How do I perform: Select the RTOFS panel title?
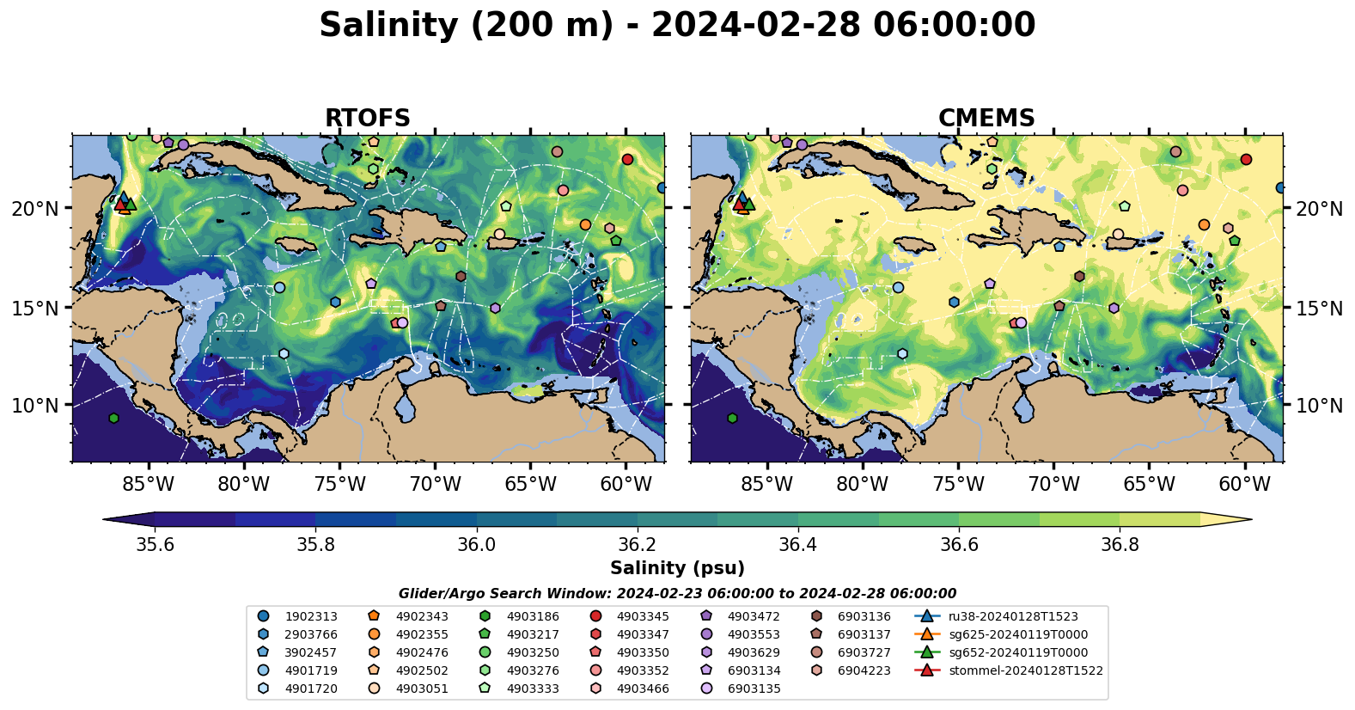coord(367,118)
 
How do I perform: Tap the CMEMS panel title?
coord(986,118)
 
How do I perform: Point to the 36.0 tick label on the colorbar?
coord(476,545)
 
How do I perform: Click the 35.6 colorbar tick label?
coord(156,545)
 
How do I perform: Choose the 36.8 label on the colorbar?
coord(1120,545)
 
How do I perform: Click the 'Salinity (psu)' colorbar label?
coord(677,568)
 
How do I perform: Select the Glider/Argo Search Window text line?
coord(677,594)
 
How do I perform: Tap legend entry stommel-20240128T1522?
coord(1025,670)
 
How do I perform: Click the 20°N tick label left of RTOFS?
coord(35,209)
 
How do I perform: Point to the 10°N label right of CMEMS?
coord(1319,406)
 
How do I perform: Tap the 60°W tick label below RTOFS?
coord(626,485)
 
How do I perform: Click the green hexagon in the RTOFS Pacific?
coord(113,418)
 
